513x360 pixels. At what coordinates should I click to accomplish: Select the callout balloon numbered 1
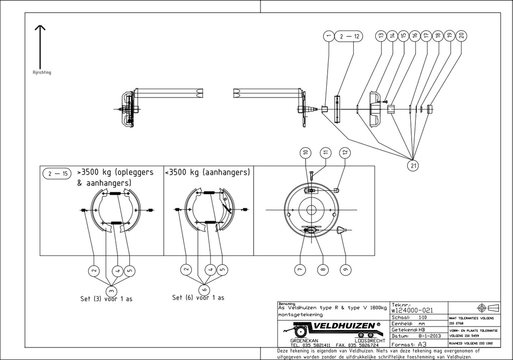tap(329, 36)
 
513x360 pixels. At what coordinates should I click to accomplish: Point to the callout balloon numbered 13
tap(381, 36)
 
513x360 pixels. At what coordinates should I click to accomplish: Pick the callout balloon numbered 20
tap(461, 36)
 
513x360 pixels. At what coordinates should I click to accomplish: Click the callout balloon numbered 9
tap(345, 269)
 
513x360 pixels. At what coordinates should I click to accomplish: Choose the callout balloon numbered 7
tap(300, 269)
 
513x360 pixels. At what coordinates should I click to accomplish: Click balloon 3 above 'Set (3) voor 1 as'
tap(111, 290)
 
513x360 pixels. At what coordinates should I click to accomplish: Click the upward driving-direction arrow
tap(40, 45)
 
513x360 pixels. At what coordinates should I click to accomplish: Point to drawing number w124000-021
tap(412, 310)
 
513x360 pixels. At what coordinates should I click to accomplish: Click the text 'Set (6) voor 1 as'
tap(198, 297)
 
